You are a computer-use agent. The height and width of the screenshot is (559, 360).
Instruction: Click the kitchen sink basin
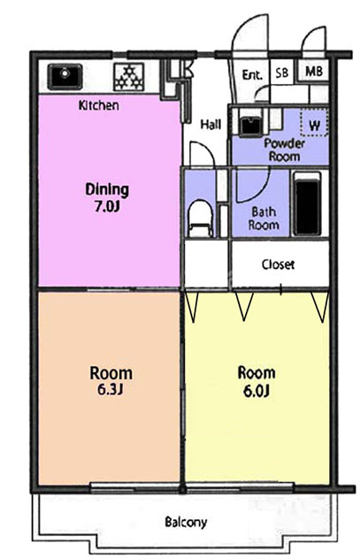[65, 76]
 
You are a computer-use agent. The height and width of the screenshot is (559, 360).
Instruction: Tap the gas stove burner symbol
[128, 77]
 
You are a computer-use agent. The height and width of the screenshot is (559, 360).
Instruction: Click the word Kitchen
[99, 105]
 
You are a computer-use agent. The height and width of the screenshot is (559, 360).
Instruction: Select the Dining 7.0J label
[107, 197]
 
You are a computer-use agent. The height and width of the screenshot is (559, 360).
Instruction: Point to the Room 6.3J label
[111, 380]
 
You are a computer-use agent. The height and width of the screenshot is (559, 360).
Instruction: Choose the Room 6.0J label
[257, 381]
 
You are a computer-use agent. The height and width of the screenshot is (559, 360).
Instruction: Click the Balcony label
[186, 522]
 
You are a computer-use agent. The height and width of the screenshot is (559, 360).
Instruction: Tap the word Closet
[278, 264]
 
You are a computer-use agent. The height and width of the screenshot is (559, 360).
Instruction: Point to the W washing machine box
[314, 122]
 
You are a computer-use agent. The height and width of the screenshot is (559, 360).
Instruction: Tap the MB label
[314, 72]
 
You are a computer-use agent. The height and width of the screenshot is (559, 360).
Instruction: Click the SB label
[282, 73]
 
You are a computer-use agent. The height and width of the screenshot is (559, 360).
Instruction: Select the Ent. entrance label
[252, 74]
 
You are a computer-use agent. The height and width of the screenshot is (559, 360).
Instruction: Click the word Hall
[211, 125]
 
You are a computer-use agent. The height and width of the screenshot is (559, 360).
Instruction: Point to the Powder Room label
[285, 150]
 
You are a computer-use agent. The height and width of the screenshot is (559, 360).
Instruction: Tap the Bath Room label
[264, 218]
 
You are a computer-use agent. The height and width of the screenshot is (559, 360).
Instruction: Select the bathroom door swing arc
[263, 190]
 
